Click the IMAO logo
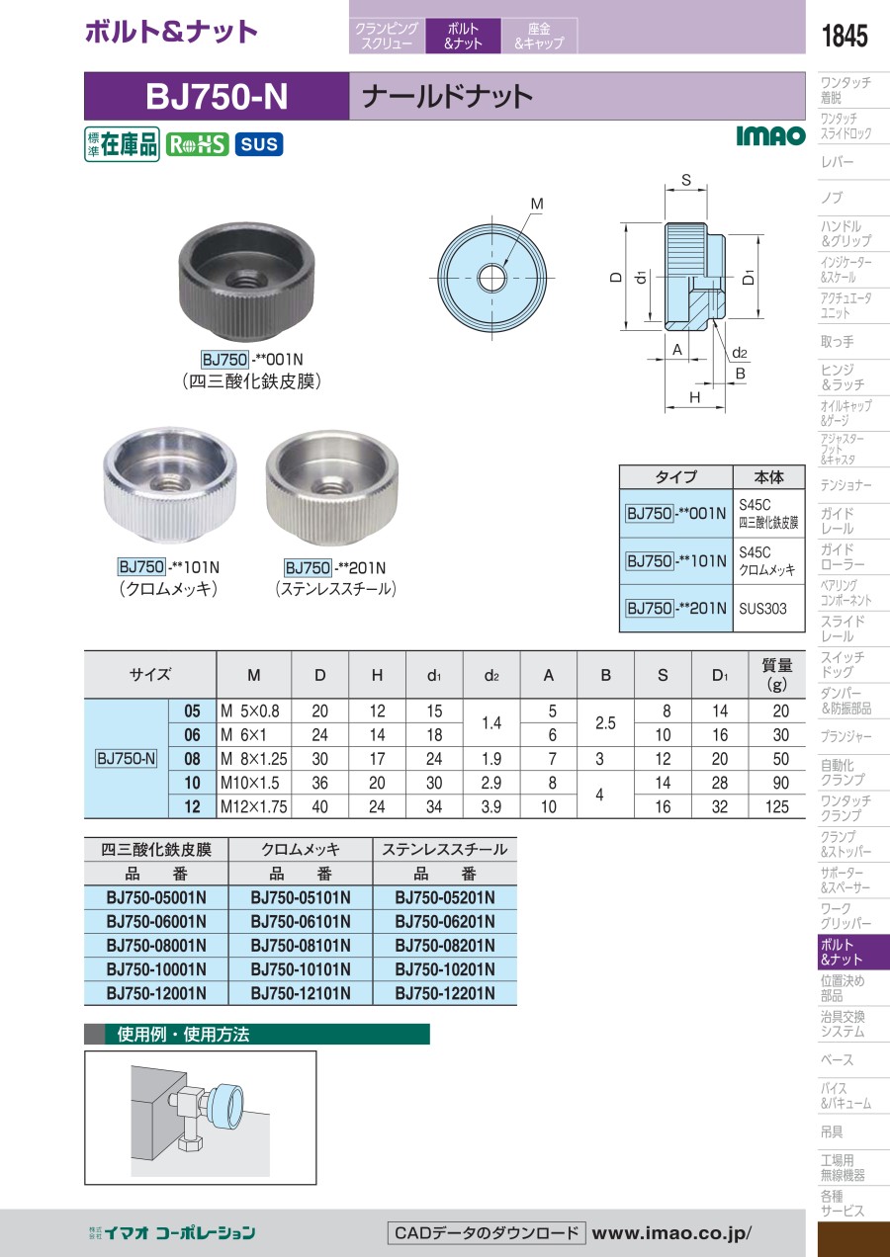tap(770, 135)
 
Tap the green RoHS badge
tap(197, 144)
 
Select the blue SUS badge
tap(259, 144)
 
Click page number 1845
tap(845, 36)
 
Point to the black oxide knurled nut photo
tap(246, 281)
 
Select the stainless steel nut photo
tap(332, 488)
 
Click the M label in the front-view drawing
tap(537, 204)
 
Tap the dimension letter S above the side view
tap(686, 180)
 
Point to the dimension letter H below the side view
tap(694, 397)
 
